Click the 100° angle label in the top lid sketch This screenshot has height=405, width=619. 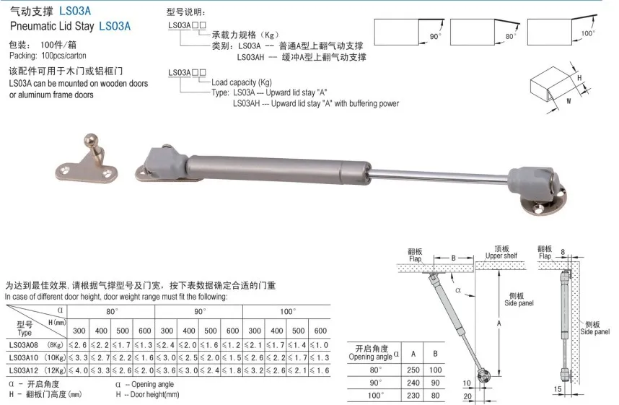pyautogui.click(x=589, y=33)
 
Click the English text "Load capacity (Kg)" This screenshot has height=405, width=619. pyautogui.click(x=246, y=83)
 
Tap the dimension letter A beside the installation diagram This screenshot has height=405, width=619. pyautogui.click(x=499, y=323)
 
